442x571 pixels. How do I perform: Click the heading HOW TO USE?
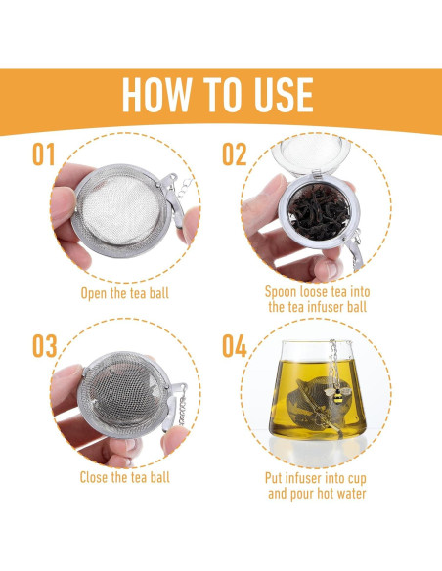218,95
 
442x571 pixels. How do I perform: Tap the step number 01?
47,155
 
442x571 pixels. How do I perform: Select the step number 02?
235,155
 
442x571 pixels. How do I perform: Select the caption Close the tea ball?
124,477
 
